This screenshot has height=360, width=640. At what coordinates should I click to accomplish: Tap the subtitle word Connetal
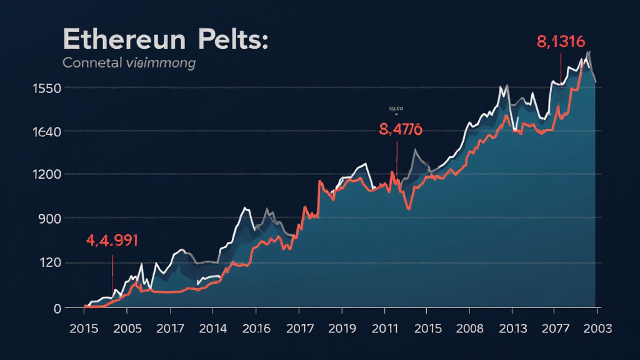(x=94, y=63)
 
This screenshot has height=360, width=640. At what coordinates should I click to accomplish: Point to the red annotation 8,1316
(x=561, y=42)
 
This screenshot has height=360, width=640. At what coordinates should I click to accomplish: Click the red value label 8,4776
(x=401, y=129)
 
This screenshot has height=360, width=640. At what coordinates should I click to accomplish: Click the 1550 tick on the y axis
(x=46, y=88)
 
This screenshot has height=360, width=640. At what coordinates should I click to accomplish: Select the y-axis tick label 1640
(x=46, y=132)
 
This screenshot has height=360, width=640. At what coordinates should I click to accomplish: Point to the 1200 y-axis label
(x=46, y=174)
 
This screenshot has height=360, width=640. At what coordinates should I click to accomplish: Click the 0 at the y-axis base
(x=57, y=308)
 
